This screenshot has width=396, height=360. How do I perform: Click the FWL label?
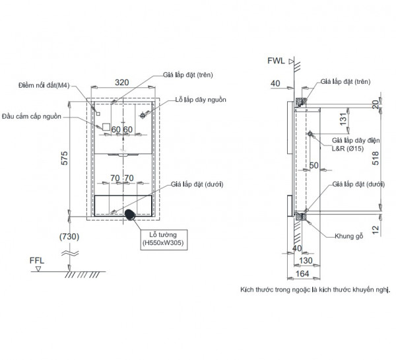[x=277, y=61]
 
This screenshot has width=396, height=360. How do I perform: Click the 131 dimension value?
[x=342, y=118]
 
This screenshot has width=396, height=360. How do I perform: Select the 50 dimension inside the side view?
[x=312, y=164]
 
